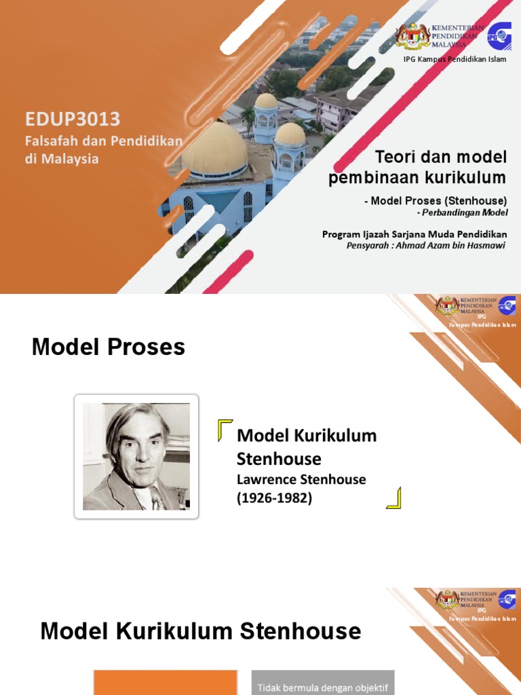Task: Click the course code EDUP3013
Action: point(73,119)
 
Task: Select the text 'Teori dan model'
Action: point(441,157)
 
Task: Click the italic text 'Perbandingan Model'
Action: point(466,213)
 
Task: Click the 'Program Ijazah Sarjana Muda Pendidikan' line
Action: point(414,234)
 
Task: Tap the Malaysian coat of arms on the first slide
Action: point(413,37)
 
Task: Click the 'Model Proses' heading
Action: point(109,347)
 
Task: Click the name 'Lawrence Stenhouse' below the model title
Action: point(301,479)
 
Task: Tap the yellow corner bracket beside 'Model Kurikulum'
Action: point(225,430)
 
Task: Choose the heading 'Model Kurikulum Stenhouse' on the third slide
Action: point(201,631)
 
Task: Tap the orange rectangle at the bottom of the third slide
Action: point(165,683)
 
